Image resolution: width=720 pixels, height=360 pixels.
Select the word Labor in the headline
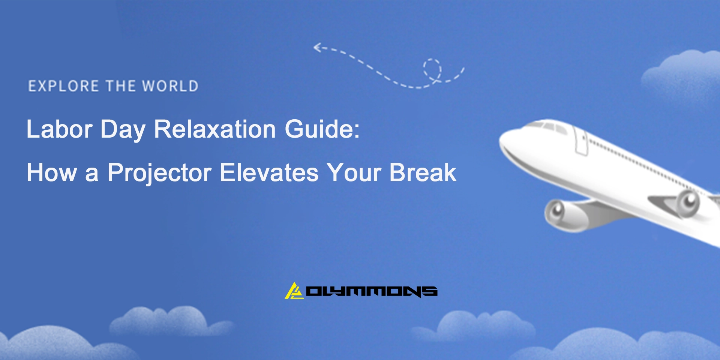pyautogui.click(x=59, y=129)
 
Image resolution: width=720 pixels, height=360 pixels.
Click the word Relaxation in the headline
pyautogui.click(x=215, y=129)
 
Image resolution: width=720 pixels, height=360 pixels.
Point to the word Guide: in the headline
pyautogui.click(x=322, y=129)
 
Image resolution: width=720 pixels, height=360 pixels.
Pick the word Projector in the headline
pyautogui.click(x=159, y=173)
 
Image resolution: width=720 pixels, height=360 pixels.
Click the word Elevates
pyautogui.click(x=269, y=173)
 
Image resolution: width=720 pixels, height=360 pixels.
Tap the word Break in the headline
pyautogui.click(x=423, y=173)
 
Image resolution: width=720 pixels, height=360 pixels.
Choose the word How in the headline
pyautogui.click(x=51, y=173)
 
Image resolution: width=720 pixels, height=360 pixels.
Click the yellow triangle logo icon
pyautogui.click(x=294, y=291)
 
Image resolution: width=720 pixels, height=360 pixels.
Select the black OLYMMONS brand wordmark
pyautogui.click(x=372, y=291)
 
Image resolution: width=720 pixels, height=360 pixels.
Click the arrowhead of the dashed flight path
pyautogui.click(x=317, y=48)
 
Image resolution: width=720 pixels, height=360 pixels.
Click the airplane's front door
pyautogui.click(x=581, y=141)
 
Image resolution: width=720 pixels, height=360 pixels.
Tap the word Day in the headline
pyautogui.click(x=123, y=129)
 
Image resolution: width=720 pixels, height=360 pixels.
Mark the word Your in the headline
pyautogui.click(x=354, y=173)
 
